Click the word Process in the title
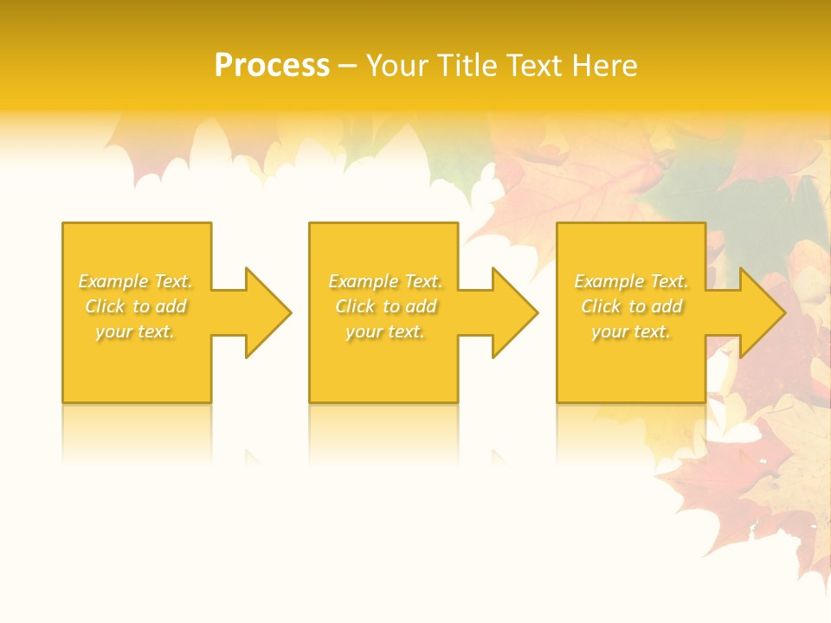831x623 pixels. click(x=272, y=66)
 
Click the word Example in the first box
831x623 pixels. click(x=113, y=281)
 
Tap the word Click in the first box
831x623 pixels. click(x=105, y=306)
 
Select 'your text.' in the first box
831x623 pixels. click(x=135, y=331)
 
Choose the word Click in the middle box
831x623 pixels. click(x=355, y=306)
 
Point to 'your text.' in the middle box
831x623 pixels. click(x=385, y=331)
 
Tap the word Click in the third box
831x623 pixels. click(x=601, y=306)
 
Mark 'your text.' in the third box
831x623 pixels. click(x=631, y=331)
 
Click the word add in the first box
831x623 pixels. click(x=171, y=306)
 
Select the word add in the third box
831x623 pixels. click(x=667, y=306)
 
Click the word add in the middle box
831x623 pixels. click(x=421, y=306)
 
